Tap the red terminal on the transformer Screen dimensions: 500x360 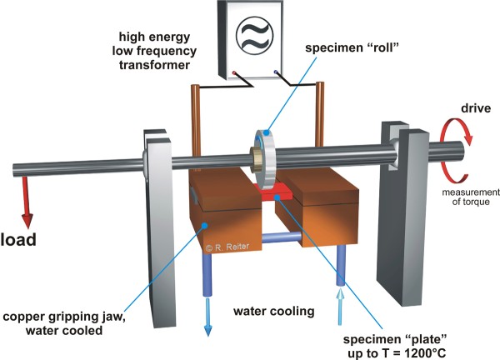click(x=233, y=73)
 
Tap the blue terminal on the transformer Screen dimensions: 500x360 click(x=276, y=72)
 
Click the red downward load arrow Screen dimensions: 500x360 click(x=27, y=202)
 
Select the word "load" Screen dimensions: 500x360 click(x=18, y=240)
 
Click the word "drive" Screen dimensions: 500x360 click(x=476, y=108)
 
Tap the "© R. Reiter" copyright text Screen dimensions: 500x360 click(x=227, y=247)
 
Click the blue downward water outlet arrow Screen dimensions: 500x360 click(x=207, y=317)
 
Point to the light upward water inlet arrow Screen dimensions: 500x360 click(x=341, y=307)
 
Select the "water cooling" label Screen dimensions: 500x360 click(x=274, y=311)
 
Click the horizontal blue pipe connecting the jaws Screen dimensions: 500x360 click(x=282, y=237)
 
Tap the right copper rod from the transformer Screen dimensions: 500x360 click(x=319, y=114)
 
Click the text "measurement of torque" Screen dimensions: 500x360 click(x=471, y=197)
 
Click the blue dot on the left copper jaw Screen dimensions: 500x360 click(x=205, y=226)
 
